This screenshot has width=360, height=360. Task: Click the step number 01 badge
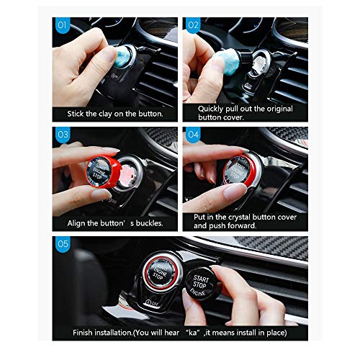tap(62, 25)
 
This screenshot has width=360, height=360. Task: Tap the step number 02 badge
tap(193, 25)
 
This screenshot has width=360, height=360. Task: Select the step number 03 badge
tap(63, 135)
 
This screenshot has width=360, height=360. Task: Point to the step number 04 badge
tap(193, 135)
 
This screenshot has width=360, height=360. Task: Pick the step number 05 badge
tap(63, 244)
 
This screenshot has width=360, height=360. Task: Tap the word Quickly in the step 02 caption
tap(210, 109)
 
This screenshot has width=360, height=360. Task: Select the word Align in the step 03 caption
tap(76, 223)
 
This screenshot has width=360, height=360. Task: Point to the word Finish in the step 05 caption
tap(83, 333)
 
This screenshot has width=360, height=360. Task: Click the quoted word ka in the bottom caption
tap(193, 333)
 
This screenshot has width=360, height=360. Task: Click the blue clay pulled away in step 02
tap(227, 61)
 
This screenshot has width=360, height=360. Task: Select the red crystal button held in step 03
tap(102, 170)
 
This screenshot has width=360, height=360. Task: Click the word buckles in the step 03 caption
tap(149, 223)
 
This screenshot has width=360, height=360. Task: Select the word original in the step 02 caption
tap(279, 109)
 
